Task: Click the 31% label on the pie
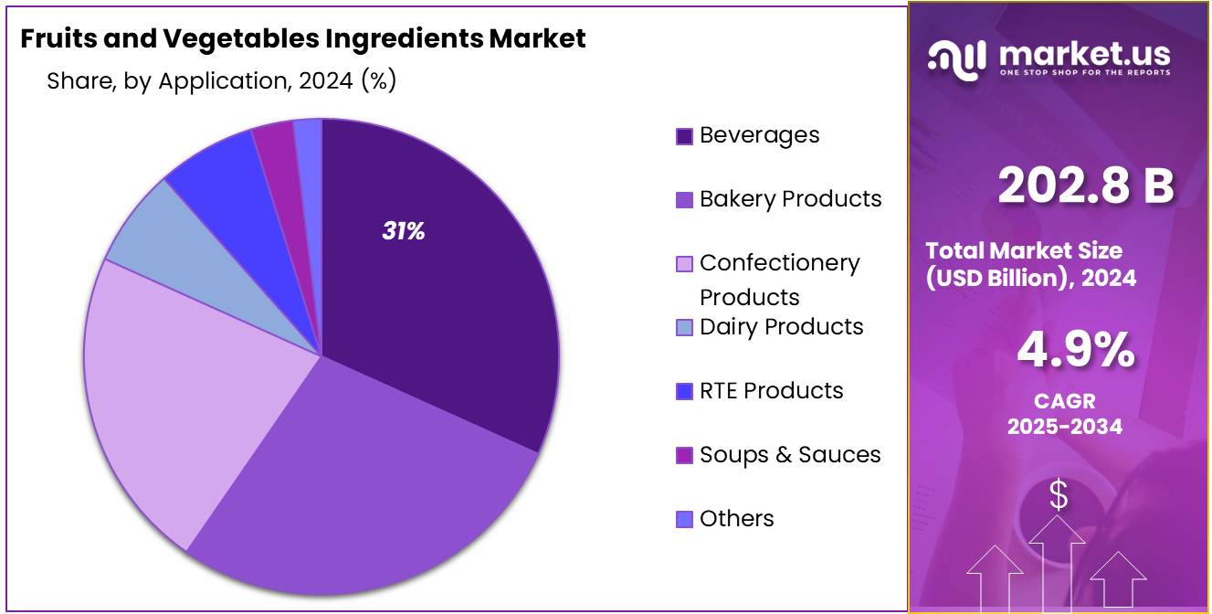(403, 232)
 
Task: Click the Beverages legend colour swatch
(684, 136)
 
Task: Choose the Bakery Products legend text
(790, 199)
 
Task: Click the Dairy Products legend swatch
(684, 328)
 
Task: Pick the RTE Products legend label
(771, 391)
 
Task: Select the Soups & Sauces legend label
(790, 455)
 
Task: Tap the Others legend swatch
(684, 520)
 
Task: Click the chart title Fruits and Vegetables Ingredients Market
(302, 38)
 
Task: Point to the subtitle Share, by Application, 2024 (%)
(221, 80)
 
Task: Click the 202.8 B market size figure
(1086, 185)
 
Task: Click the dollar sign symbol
(1058, 495)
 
